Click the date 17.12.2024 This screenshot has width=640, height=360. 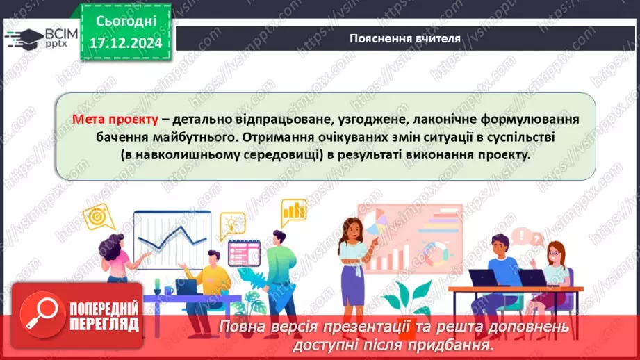click(x=126, y=43)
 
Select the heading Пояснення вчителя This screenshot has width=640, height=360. click(x=404, y=38)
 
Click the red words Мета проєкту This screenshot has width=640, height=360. click(x=115, y=119)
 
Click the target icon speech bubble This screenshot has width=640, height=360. click(x=99, y=216)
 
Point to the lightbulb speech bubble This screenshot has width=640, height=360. click(x=232, y=224)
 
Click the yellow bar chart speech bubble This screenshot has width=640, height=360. click(x=293, y=210)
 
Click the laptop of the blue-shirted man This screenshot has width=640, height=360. click(x=483, y=277)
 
